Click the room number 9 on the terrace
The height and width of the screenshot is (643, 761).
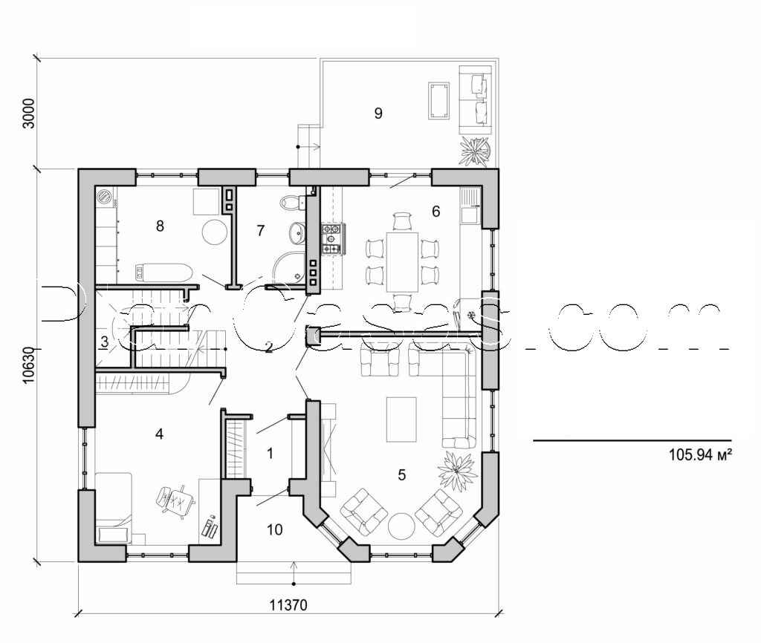[x=378, y=113]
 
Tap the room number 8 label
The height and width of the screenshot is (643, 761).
[x=160, y=226]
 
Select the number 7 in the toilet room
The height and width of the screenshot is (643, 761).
[x=260, y=231]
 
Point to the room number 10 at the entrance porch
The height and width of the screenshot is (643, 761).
[x=274, y=529]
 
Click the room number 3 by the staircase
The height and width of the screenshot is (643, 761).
[x=106, y=342]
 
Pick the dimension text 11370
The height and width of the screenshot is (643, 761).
[x=288, y=605]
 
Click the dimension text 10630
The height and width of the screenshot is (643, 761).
[x=28, y=365]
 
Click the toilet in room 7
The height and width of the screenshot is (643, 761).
[x=291, y=203]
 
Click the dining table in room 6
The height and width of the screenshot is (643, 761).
[x=402, y=261]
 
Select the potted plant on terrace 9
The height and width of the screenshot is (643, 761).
[x=475, y=151]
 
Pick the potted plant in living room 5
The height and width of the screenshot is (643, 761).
[x=456, y=469]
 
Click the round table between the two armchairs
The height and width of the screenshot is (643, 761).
[x=402, y=526]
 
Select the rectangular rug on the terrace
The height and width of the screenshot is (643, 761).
[x=438, y=100]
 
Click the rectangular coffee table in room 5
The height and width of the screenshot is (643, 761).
[x=401, y=420]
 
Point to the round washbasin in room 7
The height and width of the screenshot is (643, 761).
[x=297, y=232]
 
